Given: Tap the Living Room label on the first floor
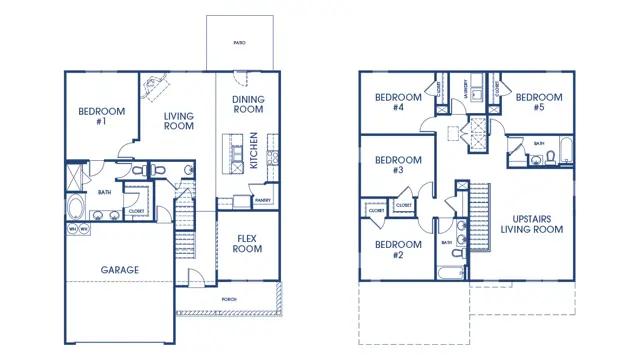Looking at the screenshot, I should [x=179, y=122].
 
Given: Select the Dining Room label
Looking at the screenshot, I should [x=248, y=105].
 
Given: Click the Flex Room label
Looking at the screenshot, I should [x=247, y=243].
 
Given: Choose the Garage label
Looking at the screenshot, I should [x=119, y=269].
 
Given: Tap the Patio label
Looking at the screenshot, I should [x=240, y=44].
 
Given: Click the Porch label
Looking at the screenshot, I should [x=230, y=299].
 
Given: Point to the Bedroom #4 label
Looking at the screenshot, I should [x=389, y=102].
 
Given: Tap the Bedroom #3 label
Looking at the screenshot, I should [x=390, y=165].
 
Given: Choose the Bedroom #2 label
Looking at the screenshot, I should [x=390, y=249].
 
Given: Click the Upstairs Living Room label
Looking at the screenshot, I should [x=531, y=223].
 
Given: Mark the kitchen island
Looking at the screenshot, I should [x=233, y=154].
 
